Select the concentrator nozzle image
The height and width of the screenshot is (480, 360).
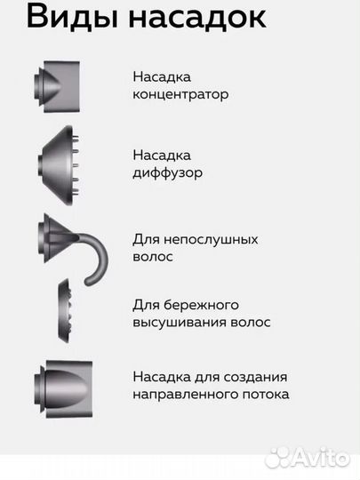click(59, 86)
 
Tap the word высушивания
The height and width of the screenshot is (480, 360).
click(177, 322)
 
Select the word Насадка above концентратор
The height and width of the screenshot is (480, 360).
click(161, 76)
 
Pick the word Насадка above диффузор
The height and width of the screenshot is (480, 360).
click(161, 156)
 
